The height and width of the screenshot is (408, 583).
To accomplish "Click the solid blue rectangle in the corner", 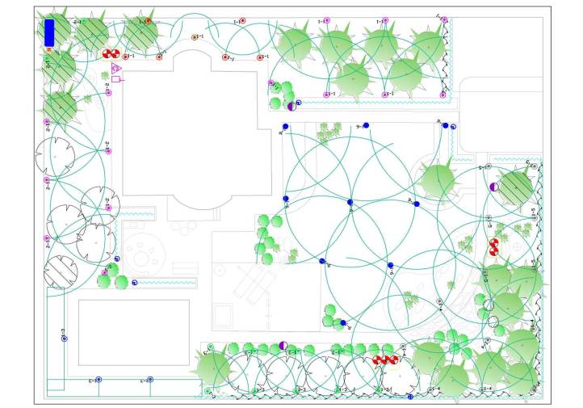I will click(x=49, y=32).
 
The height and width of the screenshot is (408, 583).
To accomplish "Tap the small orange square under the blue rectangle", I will click(x=50, y=50).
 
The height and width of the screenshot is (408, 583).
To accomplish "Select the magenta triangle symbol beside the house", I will click(x=116, y=69).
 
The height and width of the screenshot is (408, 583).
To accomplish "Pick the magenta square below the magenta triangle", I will click(x=115, y=79).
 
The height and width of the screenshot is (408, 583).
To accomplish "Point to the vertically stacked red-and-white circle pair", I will click(x=494, y=247).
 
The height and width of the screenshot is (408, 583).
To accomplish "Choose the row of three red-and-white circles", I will click(x=385, y=360).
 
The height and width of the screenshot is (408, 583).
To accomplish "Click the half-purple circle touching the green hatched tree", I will click(x=493, y=187).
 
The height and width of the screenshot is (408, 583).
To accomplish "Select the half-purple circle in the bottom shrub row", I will click(x=283, y=346).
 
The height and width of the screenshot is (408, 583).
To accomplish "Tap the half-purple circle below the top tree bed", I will click(x=291, y=105).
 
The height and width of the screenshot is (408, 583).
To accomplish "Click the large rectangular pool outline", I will click(x=133, y=332).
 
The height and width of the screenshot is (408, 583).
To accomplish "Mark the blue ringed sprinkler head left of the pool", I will click(x=64, y=330).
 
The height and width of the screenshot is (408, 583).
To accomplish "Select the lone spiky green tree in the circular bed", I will click(x=438, y=179).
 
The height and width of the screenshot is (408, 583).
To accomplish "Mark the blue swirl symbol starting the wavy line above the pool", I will click(x=134, y=282).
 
